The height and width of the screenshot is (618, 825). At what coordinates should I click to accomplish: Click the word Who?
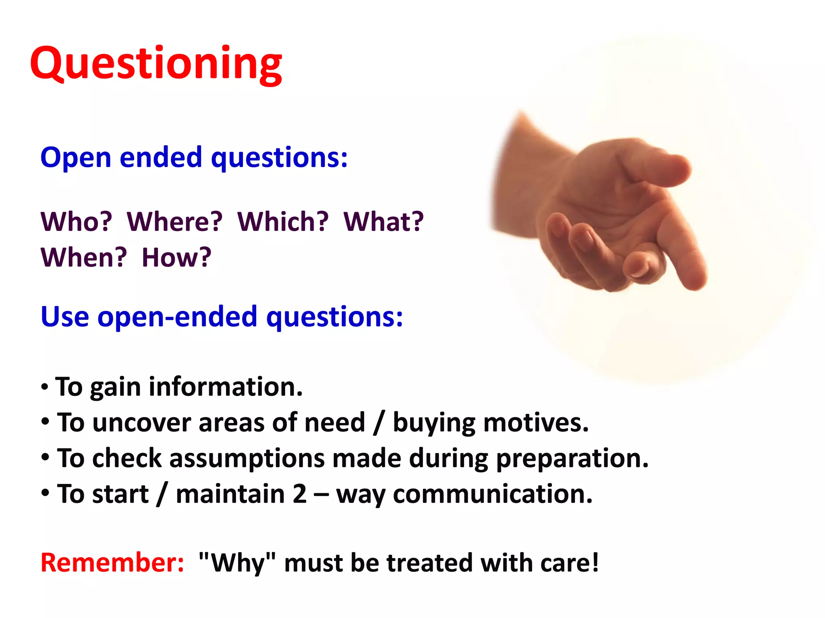coord(76,222)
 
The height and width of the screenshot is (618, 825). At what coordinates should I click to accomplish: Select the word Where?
coord(174,222)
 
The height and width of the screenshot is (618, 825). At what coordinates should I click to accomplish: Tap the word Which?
coord(283,222)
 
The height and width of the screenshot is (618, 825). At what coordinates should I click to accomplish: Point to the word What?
coord(383,222)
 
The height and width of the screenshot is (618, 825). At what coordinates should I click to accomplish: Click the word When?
coord(83,257)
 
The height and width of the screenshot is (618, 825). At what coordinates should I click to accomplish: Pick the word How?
coord(176,257)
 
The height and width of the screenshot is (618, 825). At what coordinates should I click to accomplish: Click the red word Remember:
coord(112,562)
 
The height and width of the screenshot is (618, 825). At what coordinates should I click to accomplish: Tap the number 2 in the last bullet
coord(299,494)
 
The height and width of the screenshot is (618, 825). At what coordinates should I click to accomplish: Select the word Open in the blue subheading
coord(75,158)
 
